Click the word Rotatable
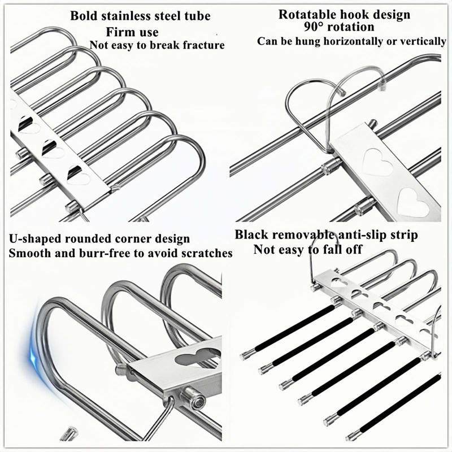(x=307, y=15)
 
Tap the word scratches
(x=206, y=254)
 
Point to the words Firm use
(x=132, y=32)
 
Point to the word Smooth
(x=28, y=254)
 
